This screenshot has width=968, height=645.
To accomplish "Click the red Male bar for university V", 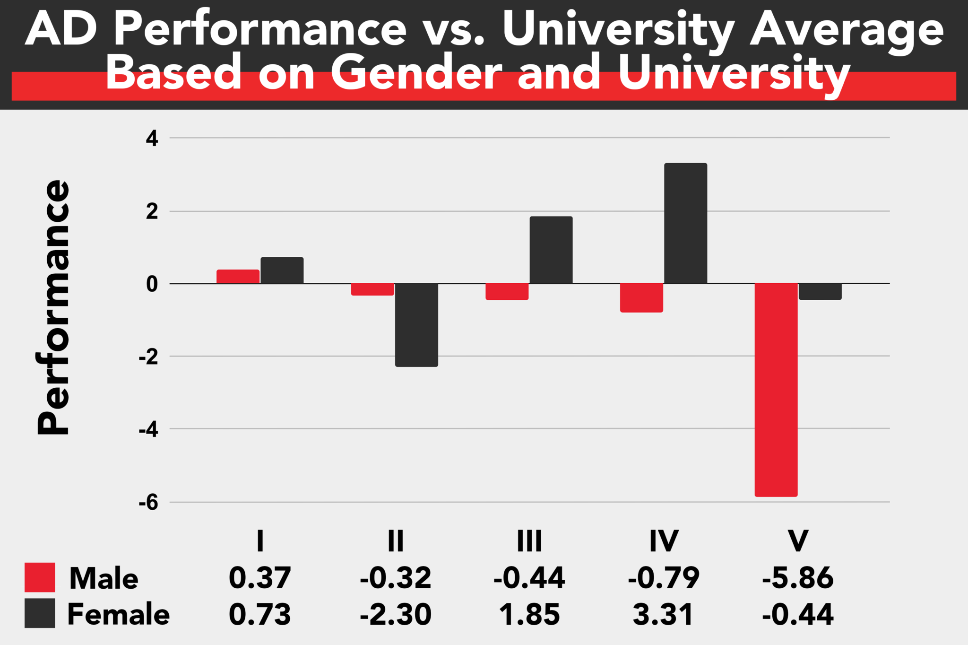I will tap(776, 390).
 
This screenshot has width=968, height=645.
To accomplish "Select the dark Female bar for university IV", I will tap(685, 223).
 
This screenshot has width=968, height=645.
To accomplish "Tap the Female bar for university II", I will tap(416, 325).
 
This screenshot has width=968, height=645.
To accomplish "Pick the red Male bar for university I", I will tap(238, 277).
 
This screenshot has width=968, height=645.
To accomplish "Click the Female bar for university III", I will tap(551, 250).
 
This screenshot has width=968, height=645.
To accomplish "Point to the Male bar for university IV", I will tap(641, 298).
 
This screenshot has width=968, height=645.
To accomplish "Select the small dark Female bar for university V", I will tap(820, 292).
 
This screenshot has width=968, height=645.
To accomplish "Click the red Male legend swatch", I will tap(40, 577).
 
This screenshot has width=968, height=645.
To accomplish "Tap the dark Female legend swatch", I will tap(40, 613).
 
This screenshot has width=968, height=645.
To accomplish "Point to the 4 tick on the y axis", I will tap(152, 139).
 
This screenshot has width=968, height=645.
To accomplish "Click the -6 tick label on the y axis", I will tap(148, 503).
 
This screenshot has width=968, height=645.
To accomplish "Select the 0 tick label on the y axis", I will tap(152, 284).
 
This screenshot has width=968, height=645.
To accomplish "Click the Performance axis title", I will tap(53, 307).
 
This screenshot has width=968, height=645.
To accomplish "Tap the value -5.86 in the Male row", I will tap(798, 578).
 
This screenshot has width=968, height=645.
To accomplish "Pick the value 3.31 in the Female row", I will tap(663, 614).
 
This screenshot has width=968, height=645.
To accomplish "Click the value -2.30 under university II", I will tap(396, 614).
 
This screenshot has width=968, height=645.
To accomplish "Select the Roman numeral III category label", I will tap(529, 541).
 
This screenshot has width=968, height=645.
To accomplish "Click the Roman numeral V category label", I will tap(798, 541).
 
